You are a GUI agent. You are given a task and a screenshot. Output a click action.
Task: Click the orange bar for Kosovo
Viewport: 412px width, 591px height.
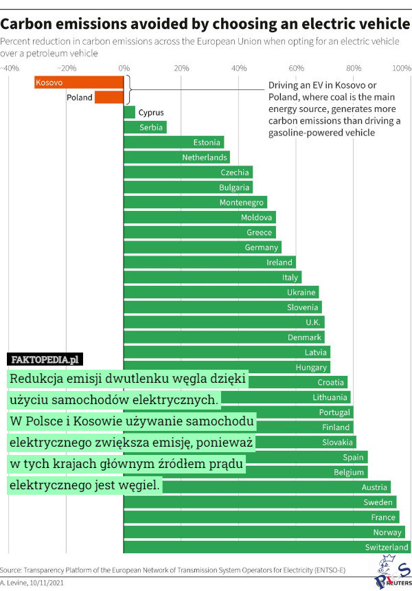[x=79, y=82]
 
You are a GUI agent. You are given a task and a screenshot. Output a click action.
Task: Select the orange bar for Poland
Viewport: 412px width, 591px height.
[x=109, y=98]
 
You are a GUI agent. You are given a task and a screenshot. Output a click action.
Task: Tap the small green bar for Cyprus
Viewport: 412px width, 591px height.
[x=129, y=112]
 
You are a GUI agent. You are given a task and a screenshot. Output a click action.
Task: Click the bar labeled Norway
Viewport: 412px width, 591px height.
[x=264, y=532]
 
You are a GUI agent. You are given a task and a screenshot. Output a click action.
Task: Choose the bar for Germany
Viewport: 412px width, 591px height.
[x=202, y=247]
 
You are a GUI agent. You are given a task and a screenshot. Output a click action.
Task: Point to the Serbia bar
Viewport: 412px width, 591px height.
[x=145, y=127]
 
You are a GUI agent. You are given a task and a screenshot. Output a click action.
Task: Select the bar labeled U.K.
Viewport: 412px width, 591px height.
[x=224, y=322]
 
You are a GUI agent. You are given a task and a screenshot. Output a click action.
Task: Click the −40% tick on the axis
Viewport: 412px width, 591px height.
[x=10, y=69]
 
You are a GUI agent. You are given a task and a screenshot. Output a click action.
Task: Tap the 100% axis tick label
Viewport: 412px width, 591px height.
[x=401, y=69]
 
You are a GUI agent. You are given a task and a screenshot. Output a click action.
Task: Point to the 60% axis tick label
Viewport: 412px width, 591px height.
[x=296, y=69]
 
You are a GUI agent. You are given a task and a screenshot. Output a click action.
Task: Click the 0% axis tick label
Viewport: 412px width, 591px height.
[x=124, y=69]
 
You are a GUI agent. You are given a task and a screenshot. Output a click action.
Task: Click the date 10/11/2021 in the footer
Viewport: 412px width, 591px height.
[x=47, y=583]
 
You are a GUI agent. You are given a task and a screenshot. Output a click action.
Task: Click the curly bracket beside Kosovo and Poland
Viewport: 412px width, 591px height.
[x=128, y=89]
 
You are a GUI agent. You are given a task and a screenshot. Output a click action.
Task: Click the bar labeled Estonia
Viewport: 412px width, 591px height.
[x=174, y=142]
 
